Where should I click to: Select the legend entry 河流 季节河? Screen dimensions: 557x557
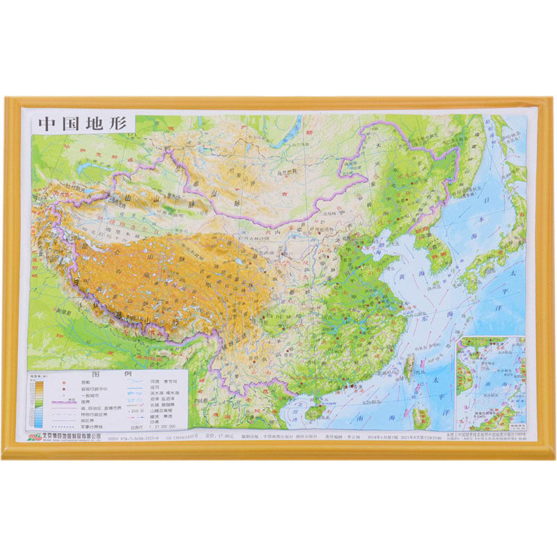164,382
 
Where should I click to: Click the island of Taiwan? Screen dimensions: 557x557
409,366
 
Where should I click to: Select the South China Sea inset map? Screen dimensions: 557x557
490,383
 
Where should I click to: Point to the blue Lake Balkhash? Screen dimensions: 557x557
94,167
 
